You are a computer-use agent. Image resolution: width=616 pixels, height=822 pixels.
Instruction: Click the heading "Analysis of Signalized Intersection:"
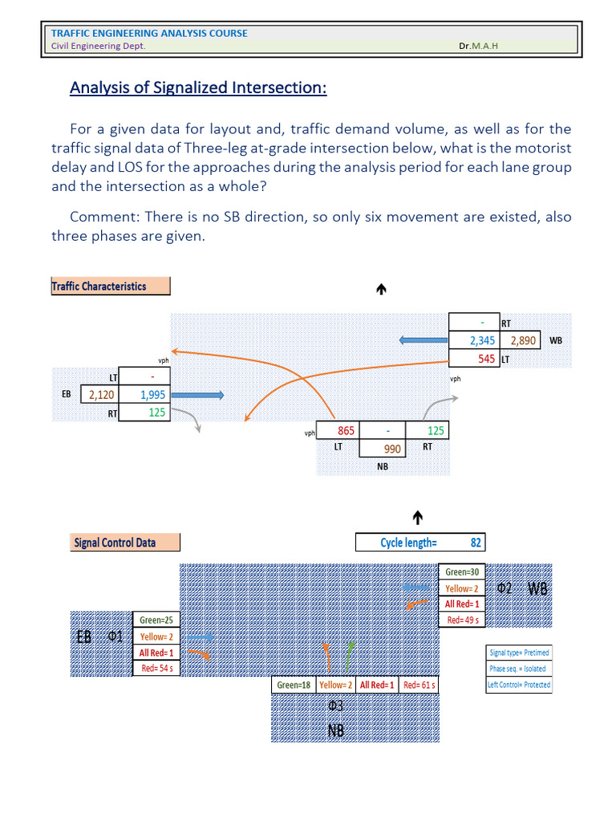pos(198,87)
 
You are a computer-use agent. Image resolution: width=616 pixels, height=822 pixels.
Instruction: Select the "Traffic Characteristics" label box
pos(110,286)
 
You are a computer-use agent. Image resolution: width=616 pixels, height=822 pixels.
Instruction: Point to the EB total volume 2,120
pos(102,395)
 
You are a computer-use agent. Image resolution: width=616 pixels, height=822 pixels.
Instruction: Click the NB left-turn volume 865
pos(345,431)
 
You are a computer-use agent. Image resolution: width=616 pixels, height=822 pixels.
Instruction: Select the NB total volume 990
pos(391,450)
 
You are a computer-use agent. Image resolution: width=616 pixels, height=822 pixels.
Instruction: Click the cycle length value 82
pos(475,543)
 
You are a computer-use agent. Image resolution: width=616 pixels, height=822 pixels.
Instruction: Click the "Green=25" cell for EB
pos(156,620)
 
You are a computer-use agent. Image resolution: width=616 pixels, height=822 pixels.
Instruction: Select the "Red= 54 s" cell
pos(156,668)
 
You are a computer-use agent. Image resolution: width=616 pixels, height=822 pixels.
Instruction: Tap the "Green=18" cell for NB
pos(294,686)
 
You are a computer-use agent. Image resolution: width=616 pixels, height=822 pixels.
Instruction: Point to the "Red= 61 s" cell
pos(418,686)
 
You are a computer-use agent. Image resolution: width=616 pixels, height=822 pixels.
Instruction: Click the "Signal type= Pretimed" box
pos(519,653)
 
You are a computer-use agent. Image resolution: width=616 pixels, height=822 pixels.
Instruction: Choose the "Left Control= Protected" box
pos(519,685)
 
